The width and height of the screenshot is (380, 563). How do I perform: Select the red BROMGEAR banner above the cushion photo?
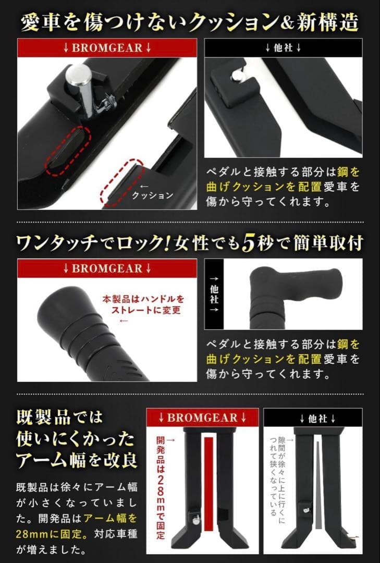(x=107, y=47)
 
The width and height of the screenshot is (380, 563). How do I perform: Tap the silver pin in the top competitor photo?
(x=237, y=76)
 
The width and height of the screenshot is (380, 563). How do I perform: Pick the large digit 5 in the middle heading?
(x=248, y=243)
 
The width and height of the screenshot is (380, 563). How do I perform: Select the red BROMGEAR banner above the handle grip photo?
(x=107, y=268)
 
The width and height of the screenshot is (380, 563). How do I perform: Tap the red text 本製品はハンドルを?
(x=143, y=300)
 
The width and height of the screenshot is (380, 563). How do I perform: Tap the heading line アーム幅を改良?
(x=77, y=460)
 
